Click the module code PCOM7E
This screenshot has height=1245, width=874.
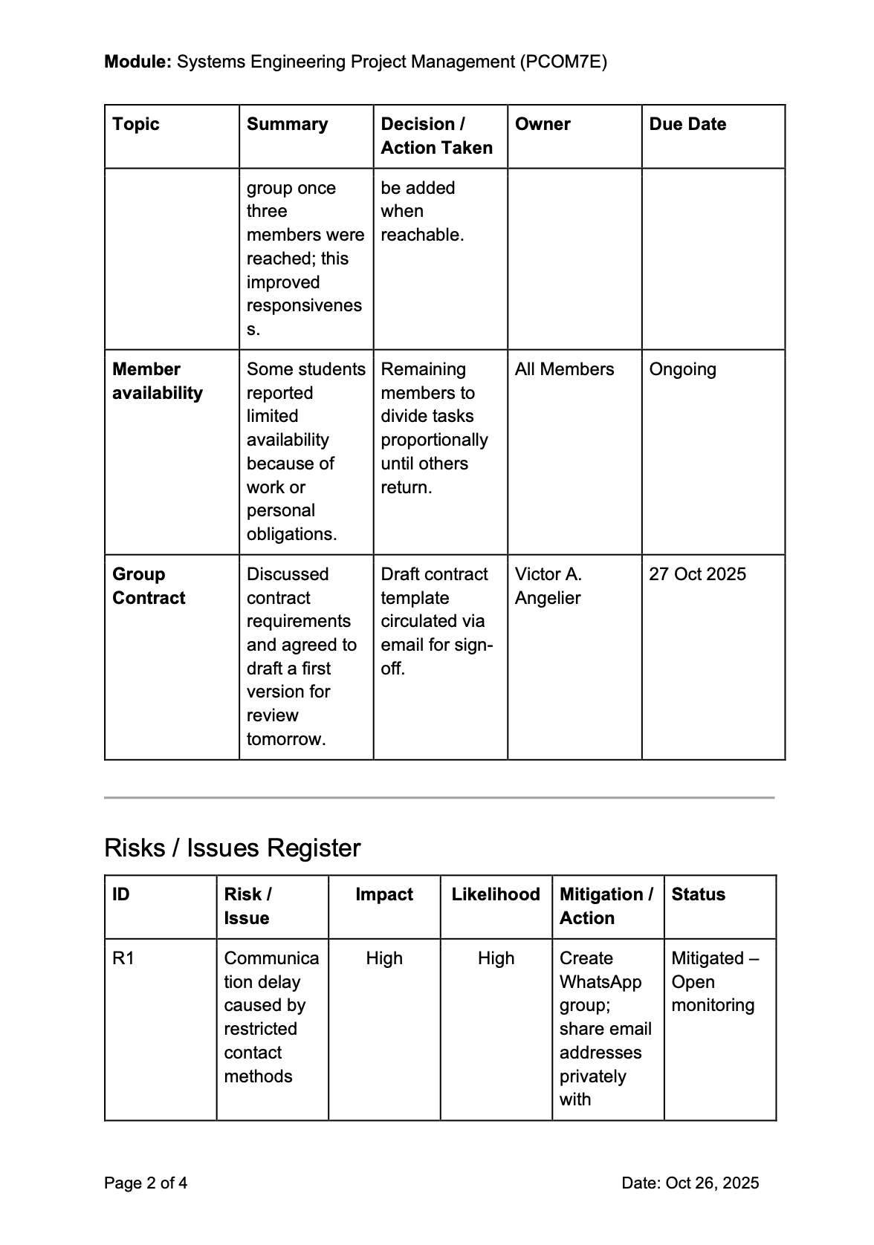point(563,62)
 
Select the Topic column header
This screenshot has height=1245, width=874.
point(136,124)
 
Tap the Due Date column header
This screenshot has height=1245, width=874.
point(687,124)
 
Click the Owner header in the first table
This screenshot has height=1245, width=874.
point(543,124)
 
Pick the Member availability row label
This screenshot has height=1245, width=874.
point(157,381)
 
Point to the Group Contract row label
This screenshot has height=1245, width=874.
point(148,586)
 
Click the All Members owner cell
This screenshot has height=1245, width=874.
point(564,369)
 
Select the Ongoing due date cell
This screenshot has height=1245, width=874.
point(682,369)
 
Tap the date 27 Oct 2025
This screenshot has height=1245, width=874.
point(697,574)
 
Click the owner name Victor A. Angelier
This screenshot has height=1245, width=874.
point(548,586)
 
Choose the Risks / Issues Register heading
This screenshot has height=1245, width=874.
point(232,848)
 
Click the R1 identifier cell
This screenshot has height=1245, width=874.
point(123,958)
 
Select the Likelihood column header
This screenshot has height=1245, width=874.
point(496,894)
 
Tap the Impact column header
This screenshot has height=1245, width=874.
point(383,894)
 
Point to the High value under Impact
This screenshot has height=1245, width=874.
point(383,958)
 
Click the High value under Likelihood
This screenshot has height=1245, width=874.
point(496,958)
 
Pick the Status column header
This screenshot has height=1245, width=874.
point(698,894)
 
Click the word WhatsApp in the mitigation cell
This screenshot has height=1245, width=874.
point(600,982)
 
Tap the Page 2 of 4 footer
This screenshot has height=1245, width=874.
point(146,1183)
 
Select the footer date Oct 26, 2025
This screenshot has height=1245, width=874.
point(712,1183)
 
